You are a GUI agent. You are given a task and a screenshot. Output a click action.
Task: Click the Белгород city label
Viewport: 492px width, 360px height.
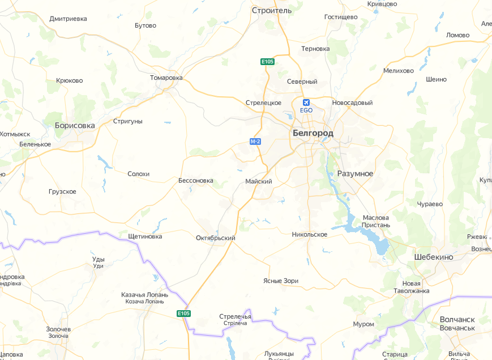tap(313, 133)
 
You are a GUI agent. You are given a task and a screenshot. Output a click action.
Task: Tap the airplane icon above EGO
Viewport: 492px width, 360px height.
tap(306, 102)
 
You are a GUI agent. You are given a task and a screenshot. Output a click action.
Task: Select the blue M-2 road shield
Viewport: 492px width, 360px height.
tap(255, 141)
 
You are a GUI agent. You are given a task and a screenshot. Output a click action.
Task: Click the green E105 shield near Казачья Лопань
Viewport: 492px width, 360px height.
tap(183, 313)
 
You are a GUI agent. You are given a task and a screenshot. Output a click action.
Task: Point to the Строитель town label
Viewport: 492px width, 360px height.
tap(271, 10)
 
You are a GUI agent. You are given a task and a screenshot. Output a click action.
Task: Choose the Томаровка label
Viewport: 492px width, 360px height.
tap(166, 78)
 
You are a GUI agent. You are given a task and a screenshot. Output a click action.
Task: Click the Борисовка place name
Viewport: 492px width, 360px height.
tap(75, 125)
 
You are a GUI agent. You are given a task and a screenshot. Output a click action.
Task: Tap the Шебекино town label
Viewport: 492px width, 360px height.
tap(434, 256)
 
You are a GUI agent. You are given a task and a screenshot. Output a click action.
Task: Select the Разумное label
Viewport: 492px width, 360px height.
tap(355, 173)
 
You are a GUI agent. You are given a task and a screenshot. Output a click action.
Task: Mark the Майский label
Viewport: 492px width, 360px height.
tap(259, 182)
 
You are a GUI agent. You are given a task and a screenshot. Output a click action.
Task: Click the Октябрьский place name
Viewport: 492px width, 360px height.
tap(215, 238)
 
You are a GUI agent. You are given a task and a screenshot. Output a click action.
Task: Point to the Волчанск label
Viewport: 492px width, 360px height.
tap(457, 319)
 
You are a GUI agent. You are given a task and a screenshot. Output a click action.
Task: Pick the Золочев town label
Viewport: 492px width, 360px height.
tap(58, 329)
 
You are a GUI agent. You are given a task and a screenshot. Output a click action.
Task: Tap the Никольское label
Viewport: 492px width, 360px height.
tap(310, 234)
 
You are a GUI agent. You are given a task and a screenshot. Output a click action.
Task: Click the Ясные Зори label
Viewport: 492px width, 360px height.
tap(281, 281)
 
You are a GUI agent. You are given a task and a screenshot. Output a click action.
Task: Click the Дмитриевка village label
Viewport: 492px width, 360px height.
tap(69, 19)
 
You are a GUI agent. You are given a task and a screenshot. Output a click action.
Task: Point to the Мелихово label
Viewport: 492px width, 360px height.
tap(399, 71)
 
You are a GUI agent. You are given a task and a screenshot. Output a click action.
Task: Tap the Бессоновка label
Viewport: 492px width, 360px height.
tap(196, 181)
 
